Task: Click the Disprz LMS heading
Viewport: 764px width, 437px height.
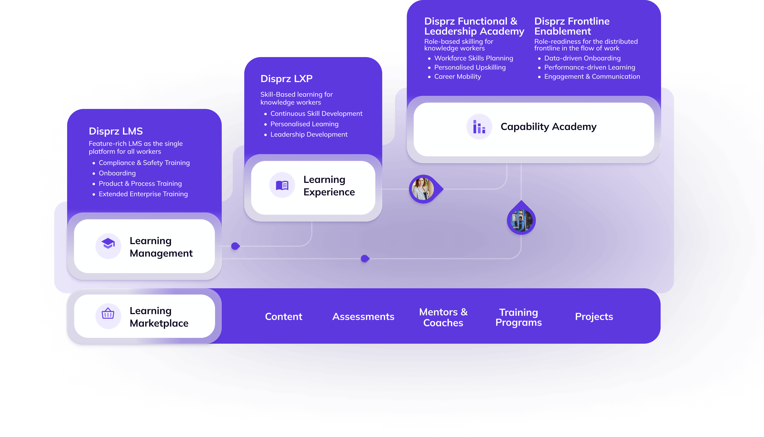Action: (116, 131)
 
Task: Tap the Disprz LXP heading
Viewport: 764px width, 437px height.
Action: (286, 79)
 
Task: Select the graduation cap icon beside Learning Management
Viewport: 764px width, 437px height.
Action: (108, 246)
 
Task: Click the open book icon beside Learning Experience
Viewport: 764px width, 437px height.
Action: (282, 185)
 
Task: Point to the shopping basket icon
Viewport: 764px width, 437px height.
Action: (108, 315)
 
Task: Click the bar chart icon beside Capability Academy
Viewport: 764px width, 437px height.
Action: (479, 127)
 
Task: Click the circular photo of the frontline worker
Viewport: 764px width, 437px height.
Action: (521, 221)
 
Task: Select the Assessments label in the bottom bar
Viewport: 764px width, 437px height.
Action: (363, 317)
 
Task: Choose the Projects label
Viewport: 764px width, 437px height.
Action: (594, 317)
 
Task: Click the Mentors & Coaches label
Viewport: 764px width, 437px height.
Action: (443, 317)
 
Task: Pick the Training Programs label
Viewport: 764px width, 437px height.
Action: (519, 317)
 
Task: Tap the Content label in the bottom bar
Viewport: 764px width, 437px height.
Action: (283, 317)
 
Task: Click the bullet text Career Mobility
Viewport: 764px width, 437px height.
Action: (457, 76)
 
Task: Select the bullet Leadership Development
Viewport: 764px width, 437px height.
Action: (309, 135)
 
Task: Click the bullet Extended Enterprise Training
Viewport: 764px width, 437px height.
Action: (143, 194)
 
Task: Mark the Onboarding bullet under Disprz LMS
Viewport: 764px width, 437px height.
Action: (117, 173)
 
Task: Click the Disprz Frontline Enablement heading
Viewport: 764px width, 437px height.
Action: (572, 26)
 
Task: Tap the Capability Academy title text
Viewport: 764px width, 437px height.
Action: (548, 127)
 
